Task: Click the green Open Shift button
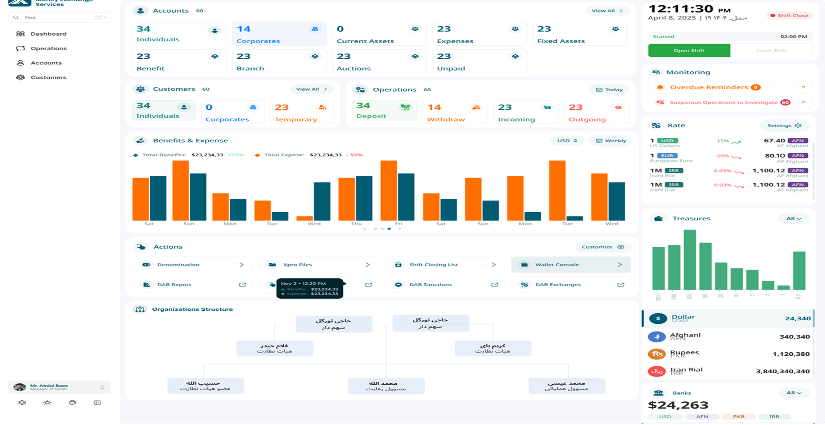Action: click(689, 51)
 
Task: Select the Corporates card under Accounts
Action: click(279, 34)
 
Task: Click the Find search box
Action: click(59, 18)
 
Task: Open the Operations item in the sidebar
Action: click(49, 49)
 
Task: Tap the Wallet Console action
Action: click(571, 265)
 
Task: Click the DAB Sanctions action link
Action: click(445, 285)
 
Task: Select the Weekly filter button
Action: click(611, 141)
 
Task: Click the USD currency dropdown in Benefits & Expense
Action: click(567, 141)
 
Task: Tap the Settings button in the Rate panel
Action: click(784, 125)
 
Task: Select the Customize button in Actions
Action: click(602, 247)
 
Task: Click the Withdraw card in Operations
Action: click(454, 113)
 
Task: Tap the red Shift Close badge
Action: click(789, 15)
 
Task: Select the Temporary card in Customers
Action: click(302, 113)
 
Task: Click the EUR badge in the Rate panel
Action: click(667, 156)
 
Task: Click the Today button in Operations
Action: click(609, 90)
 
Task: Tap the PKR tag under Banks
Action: click(739, 417)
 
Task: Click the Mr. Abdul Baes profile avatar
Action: click(19, 387)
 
